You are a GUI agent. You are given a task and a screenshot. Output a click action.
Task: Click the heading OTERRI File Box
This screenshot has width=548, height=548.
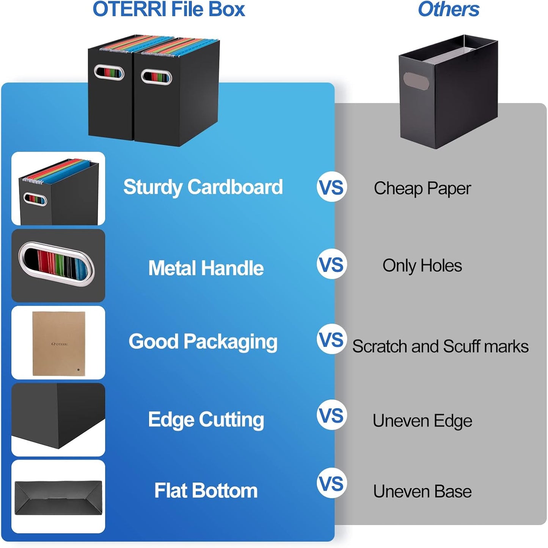pos(169,9)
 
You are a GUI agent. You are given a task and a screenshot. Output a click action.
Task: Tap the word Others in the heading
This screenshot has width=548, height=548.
pos(448,9)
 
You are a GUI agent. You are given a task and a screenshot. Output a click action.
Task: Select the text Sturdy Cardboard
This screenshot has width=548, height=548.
pos(203,187)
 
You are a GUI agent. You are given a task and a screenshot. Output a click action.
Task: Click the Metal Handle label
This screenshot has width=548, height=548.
pos(206,268)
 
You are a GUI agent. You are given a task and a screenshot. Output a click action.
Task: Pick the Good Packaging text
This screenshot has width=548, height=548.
pos(203,341)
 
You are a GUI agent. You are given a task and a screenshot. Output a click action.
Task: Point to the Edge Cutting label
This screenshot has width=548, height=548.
pos(206,420)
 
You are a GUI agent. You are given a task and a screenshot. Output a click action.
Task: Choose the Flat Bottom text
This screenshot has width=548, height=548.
pos(206,491)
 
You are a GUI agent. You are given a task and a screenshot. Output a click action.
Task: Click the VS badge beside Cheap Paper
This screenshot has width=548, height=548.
pos(331,187)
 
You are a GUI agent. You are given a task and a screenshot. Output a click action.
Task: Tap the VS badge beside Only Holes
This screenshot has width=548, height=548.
pos(331,264)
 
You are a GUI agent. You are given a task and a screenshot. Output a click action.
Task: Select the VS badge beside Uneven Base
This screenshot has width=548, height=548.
pos(331,483)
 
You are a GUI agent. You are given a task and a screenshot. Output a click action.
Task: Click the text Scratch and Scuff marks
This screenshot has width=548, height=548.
pos(440,346)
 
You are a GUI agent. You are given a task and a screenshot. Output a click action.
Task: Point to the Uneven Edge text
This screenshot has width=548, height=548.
pos(422,421)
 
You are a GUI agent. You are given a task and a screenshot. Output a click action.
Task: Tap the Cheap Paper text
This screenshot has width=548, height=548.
pos(422,188)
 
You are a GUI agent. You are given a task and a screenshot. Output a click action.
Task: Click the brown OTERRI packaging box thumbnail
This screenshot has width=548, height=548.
pos(58,343)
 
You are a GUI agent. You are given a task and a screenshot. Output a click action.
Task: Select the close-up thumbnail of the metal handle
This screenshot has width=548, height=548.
pos(58,265)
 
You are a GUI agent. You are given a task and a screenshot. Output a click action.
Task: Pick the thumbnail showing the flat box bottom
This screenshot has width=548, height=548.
pos(58,497)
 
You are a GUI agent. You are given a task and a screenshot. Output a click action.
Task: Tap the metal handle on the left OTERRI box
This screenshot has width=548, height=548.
pos(109,73)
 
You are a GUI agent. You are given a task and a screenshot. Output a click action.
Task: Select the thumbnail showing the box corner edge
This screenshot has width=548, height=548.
pos(58,420)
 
